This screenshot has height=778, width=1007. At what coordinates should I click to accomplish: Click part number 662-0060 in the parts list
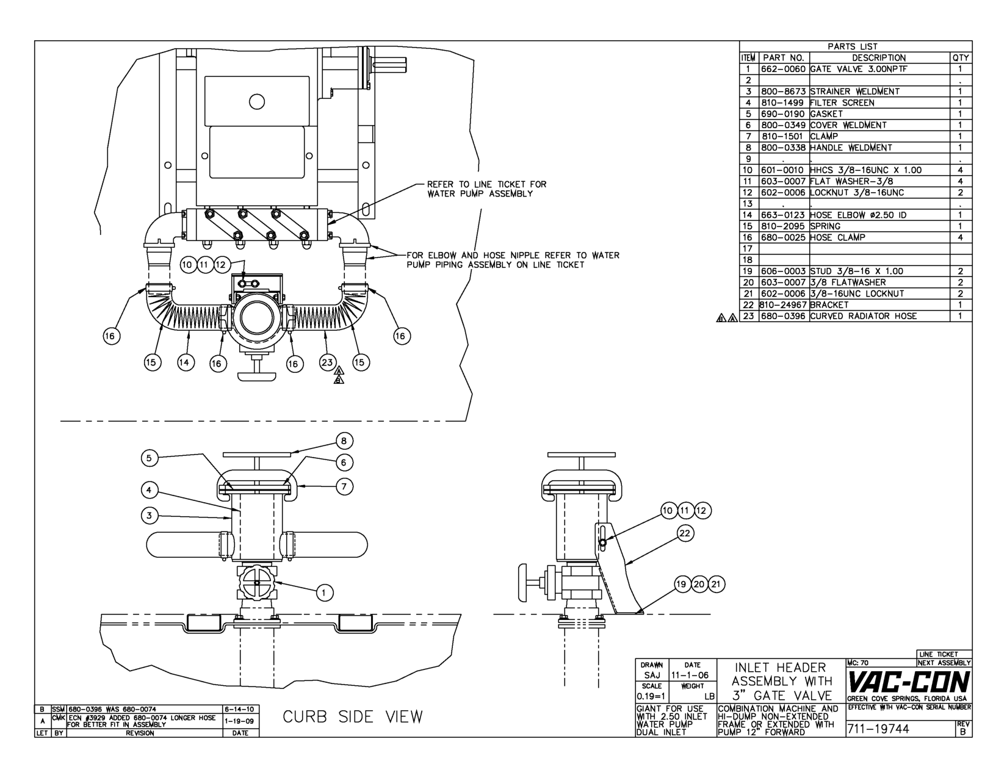[x=783, y=69]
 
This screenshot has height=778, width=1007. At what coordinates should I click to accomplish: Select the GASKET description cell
[x=879, y=114]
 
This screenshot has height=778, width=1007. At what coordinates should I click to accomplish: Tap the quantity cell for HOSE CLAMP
[x=960, y=237]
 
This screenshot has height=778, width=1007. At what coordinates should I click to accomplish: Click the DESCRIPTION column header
[x=879, y=58]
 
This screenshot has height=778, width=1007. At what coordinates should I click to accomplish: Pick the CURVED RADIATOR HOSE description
[x=864, y=316]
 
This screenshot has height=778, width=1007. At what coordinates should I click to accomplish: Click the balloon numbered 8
[x=344, y=441]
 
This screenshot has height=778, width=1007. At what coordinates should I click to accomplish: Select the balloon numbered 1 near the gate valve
[x=325, y=592]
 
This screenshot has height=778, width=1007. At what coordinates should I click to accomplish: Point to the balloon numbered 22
[x=685, y=533]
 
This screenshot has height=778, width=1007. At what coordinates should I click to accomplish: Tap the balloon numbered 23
[x=327, y=362]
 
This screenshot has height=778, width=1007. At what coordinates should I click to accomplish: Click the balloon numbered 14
[x=186, y=362]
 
